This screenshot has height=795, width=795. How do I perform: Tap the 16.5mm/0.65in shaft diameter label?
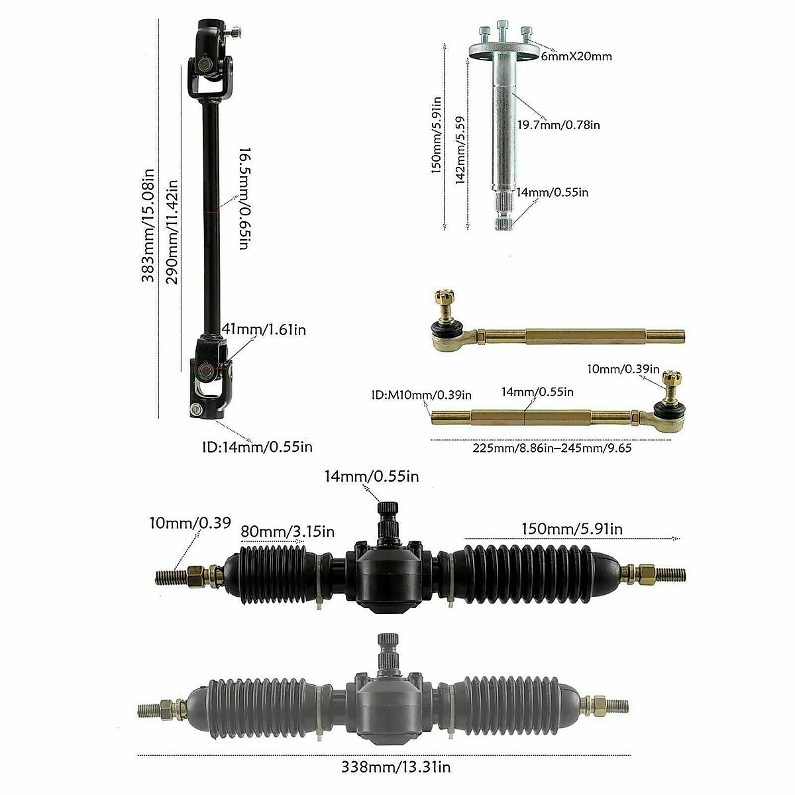click(x=242, y=198)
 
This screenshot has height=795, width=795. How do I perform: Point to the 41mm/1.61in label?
click(x=264, y=329)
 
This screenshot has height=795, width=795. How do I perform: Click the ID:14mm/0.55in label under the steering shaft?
click(x=257, y=447)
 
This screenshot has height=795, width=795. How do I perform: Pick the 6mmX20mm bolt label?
click(x=576, y=56)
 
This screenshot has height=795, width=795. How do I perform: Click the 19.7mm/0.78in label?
click(x=558, y=125)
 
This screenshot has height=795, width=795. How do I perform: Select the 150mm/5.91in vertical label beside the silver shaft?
click(x=437, y=134)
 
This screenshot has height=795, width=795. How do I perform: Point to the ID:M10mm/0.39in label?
click(x=421, y=395)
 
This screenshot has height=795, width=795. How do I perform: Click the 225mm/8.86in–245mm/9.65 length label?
click(x=552, y=448)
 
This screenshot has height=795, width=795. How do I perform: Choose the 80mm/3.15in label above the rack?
click(x=288, y=532)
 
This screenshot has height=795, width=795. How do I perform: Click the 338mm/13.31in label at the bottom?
click(x=396, y=767)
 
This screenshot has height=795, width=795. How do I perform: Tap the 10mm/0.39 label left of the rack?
click(x=190, y=523)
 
